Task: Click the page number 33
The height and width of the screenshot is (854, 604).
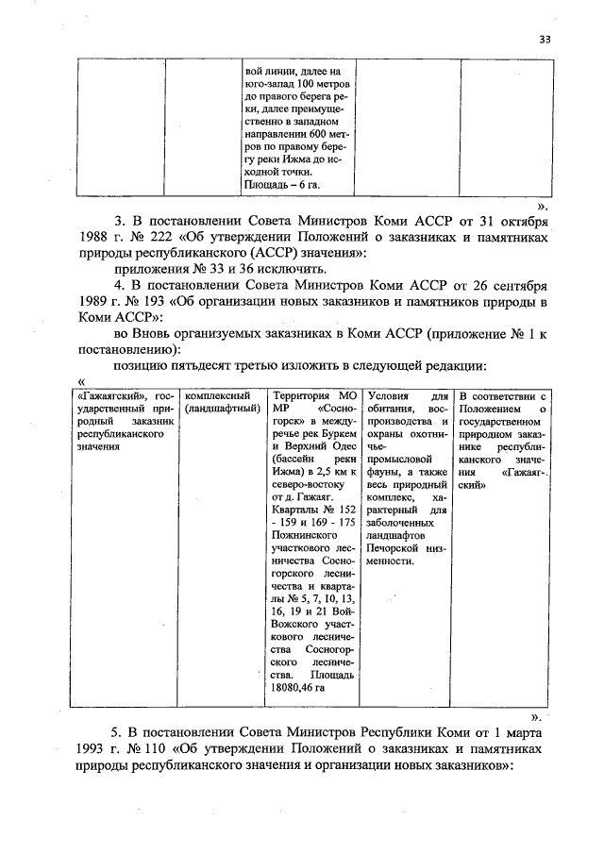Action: pos(545,39)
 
